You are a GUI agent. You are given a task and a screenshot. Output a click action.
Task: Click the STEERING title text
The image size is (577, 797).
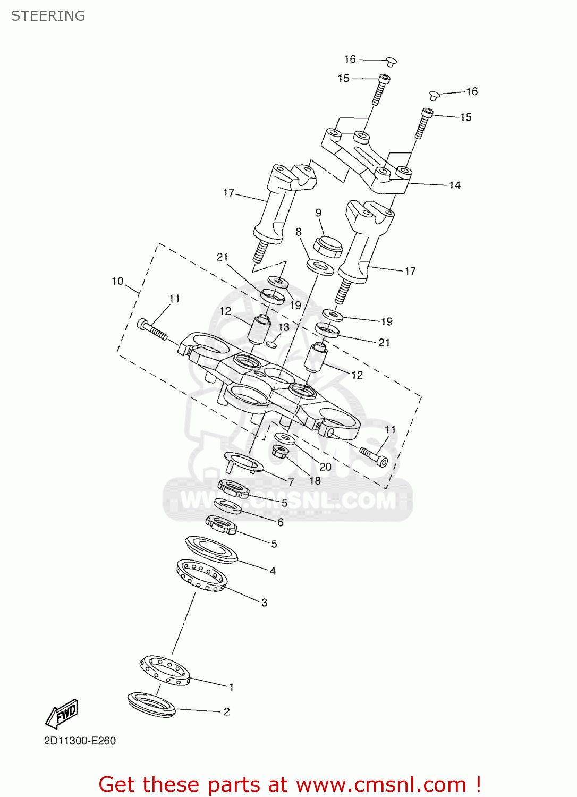click(48, 16)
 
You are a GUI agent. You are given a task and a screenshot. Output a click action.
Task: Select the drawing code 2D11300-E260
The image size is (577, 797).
click(80, 741)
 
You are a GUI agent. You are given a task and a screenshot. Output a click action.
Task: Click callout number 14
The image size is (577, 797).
click(454, 185)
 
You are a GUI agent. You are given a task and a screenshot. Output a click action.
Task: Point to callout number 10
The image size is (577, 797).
click(117, 281)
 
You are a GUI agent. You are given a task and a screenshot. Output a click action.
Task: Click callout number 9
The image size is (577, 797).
click(318, 213)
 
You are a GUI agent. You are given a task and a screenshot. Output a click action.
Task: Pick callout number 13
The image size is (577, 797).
click(284, 327)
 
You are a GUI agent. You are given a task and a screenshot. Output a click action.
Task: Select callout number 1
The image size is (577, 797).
click(231, 686)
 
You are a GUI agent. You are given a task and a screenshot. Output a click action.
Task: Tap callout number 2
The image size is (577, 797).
click(227, 711)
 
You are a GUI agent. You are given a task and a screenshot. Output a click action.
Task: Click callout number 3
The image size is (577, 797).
click(264, 603)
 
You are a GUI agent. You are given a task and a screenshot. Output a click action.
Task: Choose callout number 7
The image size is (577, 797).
click(291, 482)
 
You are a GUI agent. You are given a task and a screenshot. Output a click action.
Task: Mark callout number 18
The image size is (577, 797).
click(315, 480)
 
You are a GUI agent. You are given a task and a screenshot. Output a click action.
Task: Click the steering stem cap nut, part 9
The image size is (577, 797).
click(327, 247)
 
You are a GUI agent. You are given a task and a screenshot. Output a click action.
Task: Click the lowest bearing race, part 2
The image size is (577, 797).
click(151, 705)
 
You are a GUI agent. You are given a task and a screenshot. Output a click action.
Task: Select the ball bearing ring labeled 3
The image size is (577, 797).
click(202, 575)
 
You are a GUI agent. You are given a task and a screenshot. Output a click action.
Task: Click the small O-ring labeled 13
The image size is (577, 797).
click(271, 344)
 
